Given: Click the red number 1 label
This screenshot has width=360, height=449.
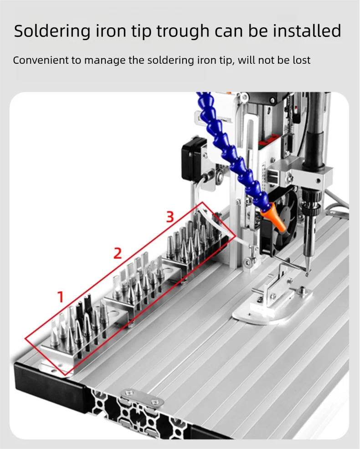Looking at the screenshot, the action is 61,297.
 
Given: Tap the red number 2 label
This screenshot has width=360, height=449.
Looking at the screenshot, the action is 118,254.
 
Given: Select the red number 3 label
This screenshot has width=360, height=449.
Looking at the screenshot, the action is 170,217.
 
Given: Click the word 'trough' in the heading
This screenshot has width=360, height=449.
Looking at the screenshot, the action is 183,31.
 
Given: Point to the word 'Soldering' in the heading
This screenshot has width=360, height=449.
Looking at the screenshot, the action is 52,31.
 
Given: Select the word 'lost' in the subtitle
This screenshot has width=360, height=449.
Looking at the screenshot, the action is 301,60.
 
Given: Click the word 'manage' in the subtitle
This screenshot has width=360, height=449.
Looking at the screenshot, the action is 105,61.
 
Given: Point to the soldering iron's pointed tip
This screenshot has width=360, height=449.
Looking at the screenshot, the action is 307,274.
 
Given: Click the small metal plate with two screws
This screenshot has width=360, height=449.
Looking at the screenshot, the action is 142,398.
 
